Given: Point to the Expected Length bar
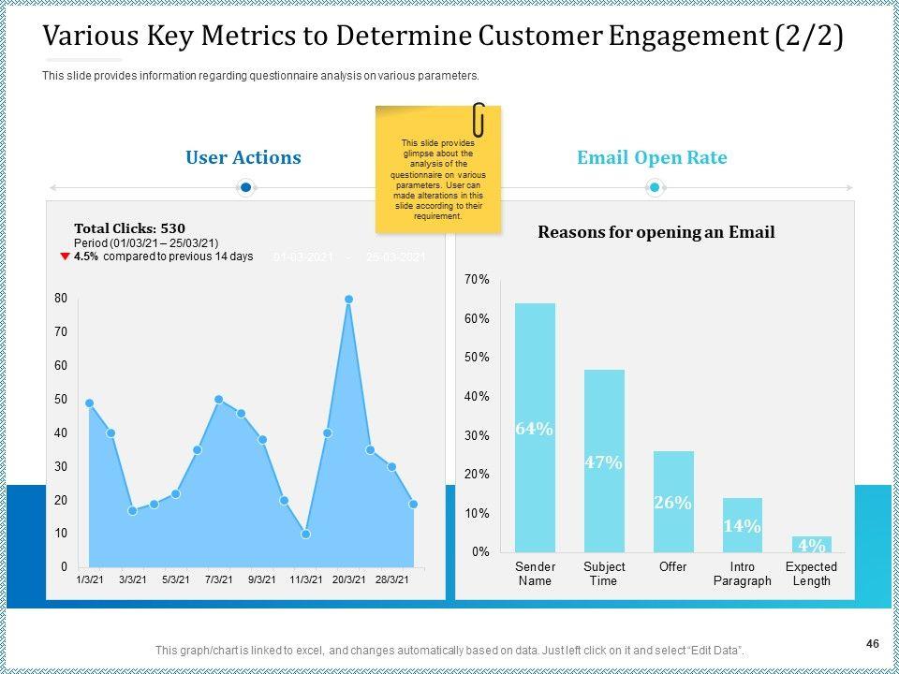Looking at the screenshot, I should click(x=811, y=544).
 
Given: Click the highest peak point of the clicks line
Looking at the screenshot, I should click(x=348, y=300).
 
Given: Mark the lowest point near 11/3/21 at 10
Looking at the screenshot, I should click(x=305, y=535).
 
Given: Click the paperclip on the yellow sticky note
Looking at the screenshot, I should click(x=479, y=119).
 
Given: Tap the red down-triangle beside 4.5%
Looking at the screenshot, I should click(x=65, y=256).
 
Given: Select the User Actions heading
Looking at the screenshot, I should click(x=243, y=157).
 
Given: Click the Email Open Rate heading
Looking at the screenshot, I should click(x=652, y=157).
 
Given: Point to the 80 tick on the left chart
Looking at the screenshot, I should click(x=61, y=299).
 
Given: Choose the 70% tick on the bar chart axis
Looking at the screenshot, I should click(x=477, y=280).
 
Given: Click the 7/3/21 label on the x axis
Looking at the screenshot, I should click(x=218, y=579).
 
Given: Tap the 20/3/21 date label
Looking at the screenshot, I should click(x=348, y=579).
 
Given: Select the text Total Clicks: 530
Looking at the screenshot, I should click(x=129, y=227).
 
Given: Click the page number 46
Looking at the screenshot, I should click(x=872, y=643).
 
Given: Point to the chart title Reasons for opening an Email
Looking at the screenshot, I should click(x=656, y=232).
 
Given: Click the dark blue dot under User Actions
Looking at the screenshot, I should click(x=245, y=188).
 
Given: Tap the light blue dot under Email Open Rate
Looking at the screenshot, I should click(x=655, y=188).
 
